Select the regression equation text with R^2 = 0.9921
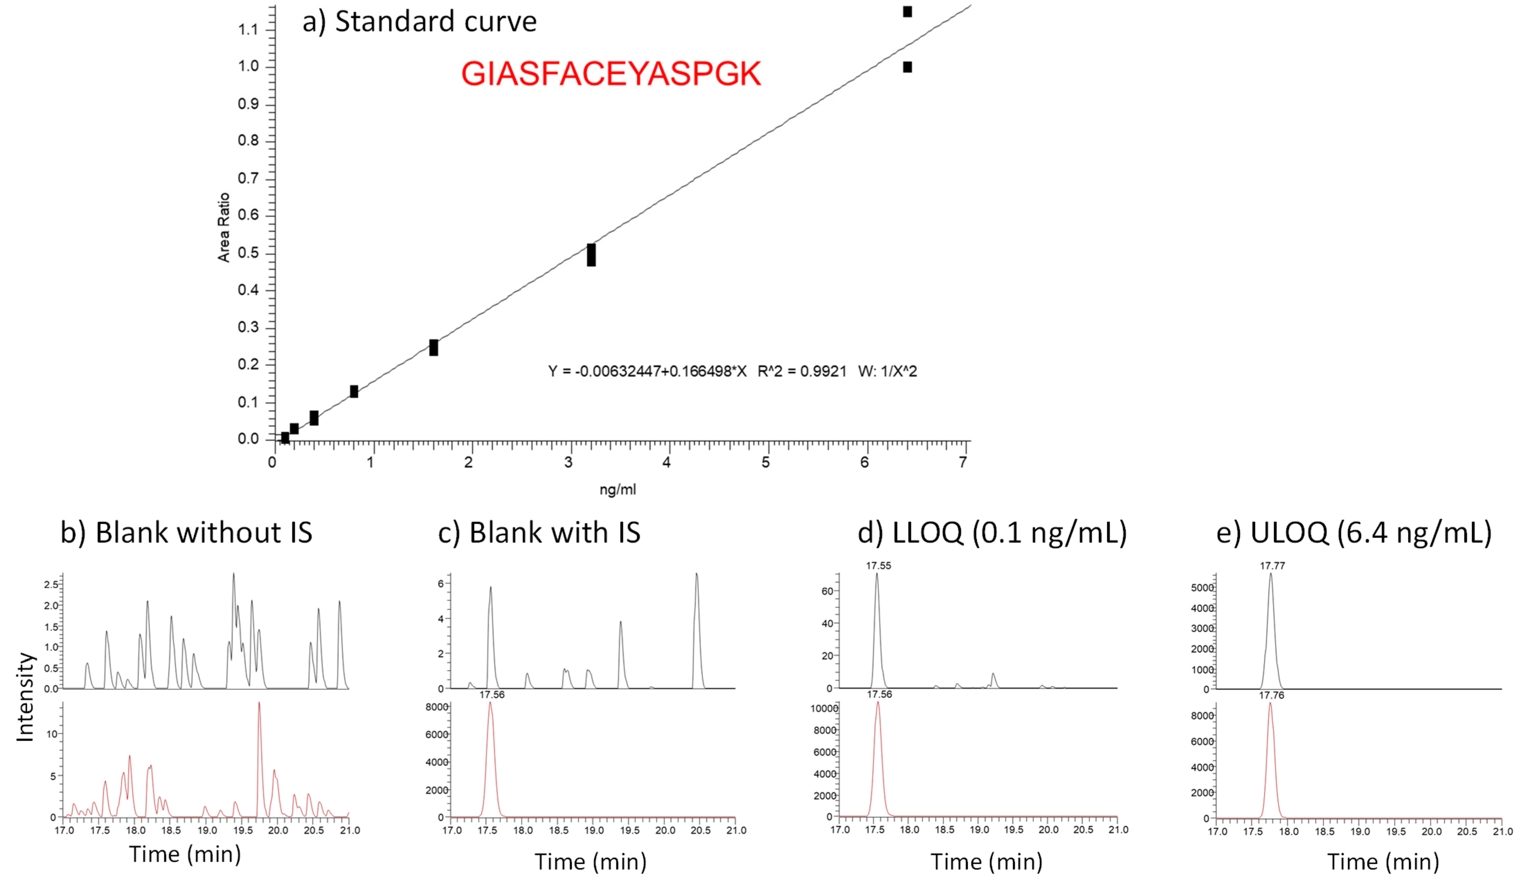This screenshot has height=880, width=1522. [x=732, y=371]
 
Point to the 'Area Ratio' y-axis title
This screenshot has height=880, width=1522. [x=224, y=228]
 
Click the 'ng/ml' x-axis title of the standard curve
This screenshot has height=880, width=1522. [x=617, y=489]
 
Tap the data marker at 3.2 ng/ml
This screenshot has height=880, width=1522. [x=591, y=255]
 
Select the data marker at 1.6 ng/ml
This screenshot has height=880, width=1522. [x=434, y=348]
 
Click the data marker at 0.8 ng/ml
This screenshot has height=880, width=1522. [x=354, y=392]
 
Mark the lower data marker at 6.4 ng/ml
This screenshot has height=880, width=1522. [x=907, y=67]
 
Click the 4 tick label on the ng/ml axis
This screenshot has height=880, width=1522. [x=667, y=462]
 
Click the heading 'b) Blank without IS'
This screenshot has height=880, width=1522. [x=186, y=532]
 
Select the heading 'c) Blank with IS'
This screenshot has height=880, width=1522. [x=539, y=532]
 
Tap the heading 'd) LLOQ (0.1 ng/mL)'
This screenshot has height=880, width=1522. [x=992, y=532]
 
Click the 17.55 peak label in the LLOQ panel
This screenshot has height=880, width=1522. [x=878, y=566]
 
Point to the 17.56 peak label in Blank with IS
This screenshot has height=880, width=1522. [x=492, y=695]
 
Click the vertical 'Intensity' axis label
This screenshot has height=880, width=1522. [x=25, y=697]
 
